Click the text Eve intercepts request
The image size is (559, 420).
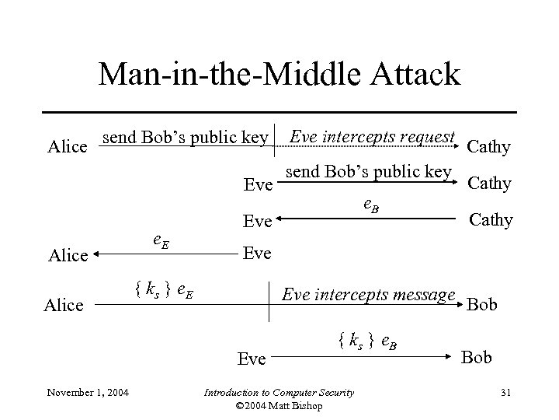[371, 138]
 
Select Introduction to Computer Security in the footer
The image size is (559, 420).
[279, 391]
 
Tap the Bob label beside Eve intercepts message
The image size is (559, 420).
[482, 303]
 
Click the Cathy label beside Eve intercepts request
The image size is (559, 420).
[488, 146]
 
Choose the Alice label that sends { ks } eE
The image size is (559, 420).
[64, 304]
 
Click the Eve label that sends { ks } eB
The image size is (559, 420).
[252, 359]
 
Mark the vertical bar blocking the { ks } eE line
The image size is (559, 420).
[270, 304]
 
